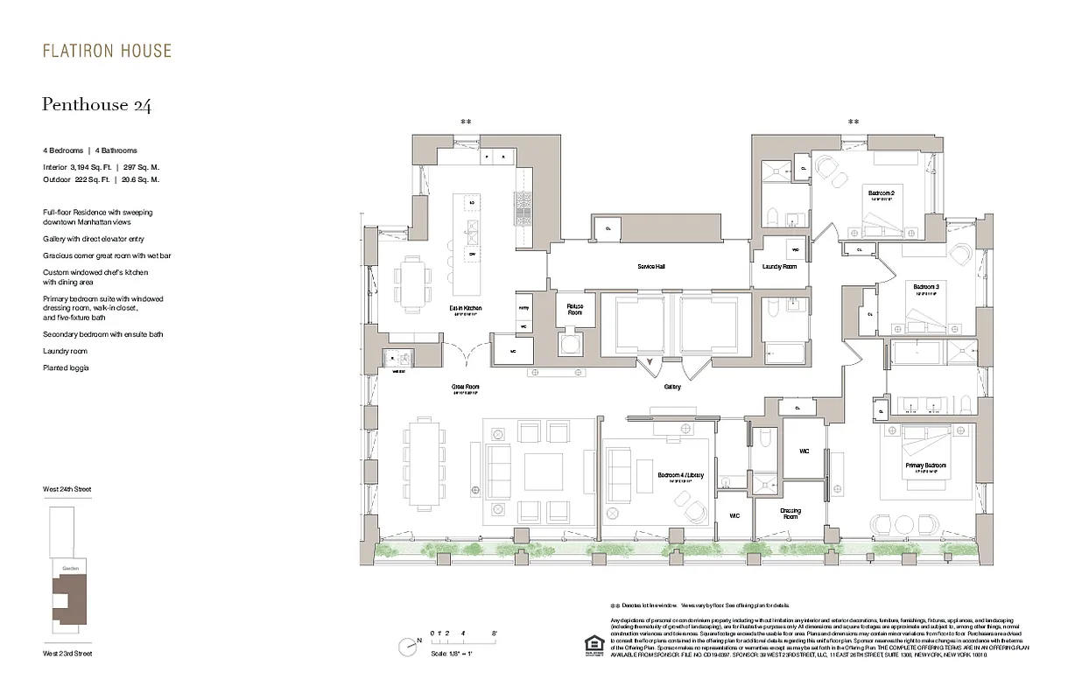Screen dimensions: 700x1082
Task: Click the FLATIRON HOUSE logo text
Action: click(107, 52)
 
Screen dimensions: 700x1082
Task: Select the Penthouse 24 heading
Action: click(96, 105)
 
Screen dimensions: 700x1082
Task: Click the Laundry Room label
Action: click(779, 266)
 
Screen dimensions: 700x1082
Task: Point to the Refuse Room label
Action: click(574, 309)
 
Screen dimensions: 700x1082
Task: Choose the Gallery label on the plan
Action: click(672, 386)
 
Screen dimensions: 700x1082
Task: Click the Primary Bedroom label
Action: click(925, 465)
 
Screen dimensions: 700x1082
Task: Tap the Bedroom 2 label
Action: click(881, 192)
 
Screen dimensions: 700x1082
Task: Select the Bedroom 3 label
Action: click(925, 287)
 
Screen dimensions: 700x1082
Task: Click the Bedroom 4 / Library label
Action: click(680, 475)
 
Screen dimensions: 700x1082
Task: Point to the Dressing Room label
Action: click(790, 514)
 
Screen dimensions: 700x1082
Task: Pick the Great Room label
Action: click(466, 387)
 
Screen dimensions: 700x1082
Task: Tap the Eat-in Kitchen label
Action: click(466, 309)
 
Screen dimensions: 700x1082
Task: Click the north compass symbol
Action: click(407, 647)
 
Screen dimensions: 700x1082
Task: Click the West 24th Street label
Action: click(67, 489)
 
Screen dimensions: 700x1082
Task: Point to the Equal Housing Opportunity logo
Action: click(587, 643)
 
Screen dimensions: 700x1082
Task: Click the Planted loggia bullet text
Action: click(66, 368)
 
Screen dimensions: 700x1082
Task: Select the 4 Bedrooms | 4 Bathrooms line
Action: click(90, 150)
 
